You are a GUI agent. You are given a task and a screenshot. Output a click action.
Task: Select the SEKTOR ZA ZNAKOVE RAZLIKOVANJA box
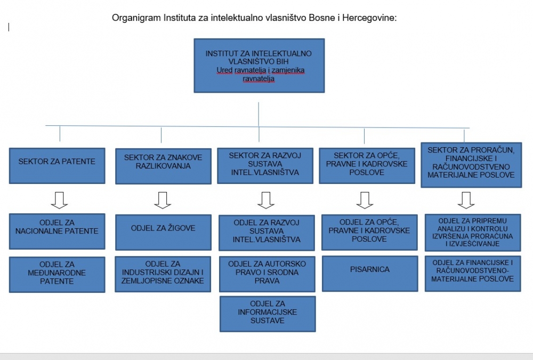pyautogui.click(x=164, y=166)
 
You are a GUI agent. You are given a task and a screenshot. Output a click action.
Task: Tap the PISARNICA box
pyautogui.click(x=370, y=273)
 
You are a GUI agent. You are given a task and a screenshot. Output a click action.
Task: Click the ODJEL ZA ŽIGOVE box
pyautogui.click(x=163, y=232)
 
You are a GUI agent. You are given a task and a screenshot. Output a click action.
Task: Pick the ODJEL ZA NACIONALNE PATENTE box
pyautogui.click(x=56, y=230)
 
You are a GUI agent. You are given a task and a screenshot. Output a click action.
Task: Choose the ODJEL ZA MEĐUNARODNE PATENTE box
pyautogui.click(x=56, y=274)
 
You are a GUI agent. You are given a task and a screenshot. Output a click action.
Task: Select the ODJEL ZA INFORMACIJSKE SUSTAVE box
pyautogui.click(x=267, y=314)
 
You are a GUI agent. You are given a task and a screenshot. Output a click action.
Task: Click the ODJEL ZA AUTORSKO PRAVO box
pyautogui.click(x=266, y=274)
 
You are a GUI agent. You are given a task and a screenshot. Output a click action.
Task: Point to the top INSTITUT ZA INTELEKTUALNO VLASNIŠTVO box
pyautogui.click(x=259, y=66)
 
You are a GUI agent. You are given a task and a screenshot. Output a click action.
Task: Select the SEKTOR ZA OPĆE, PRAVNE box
pyautogui.click(x=367, y=165)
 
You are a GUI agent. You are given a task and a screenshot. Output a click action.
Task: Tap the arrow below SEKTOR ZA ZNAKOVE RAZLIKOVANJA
pyautogui.click(x=162, y=199)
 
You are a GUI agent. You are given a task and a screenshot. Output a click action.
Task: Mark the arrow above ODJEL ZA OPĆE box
pyautogui.click(x=364, y=199)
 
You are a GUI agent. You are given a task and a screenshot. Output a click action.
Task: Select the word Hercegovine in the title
pyautogui.click(x=369, y=18)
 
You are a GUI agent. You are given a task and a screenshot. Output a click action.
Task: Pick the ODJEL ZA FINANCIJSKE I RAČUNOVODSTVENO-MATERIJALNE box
pyautogui.click(x=473, y=274)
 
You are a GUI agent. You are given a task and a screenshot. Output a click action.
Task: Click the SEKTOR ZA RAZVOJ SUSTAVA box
pyautogui.click(x=265, y=165)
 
